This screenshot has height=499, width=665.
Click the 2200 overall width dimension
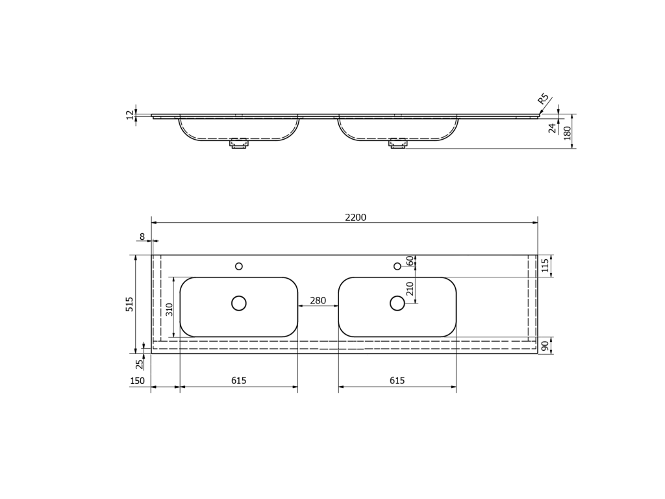pos(355,217)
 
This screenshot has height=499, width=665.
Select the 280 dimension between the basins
pos(318,300)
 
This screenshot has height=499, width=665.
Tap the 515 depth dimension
pos(129,304)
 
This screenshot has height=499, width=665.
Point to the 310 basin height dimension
pos(169,309)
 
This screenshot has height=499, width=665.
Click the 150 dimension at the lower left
pos(137,381)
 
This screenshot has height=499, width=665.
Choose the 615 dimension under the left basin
pos(239,381)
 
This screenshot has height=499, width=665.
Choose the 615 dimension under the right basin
pos(397,381)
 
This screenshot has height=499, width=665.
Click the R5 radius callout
pos(544,99)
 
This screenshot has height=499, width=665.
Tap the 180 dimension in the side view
pos(567,133)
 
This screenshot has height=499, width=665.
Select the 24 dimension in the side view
pos(552,128)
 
